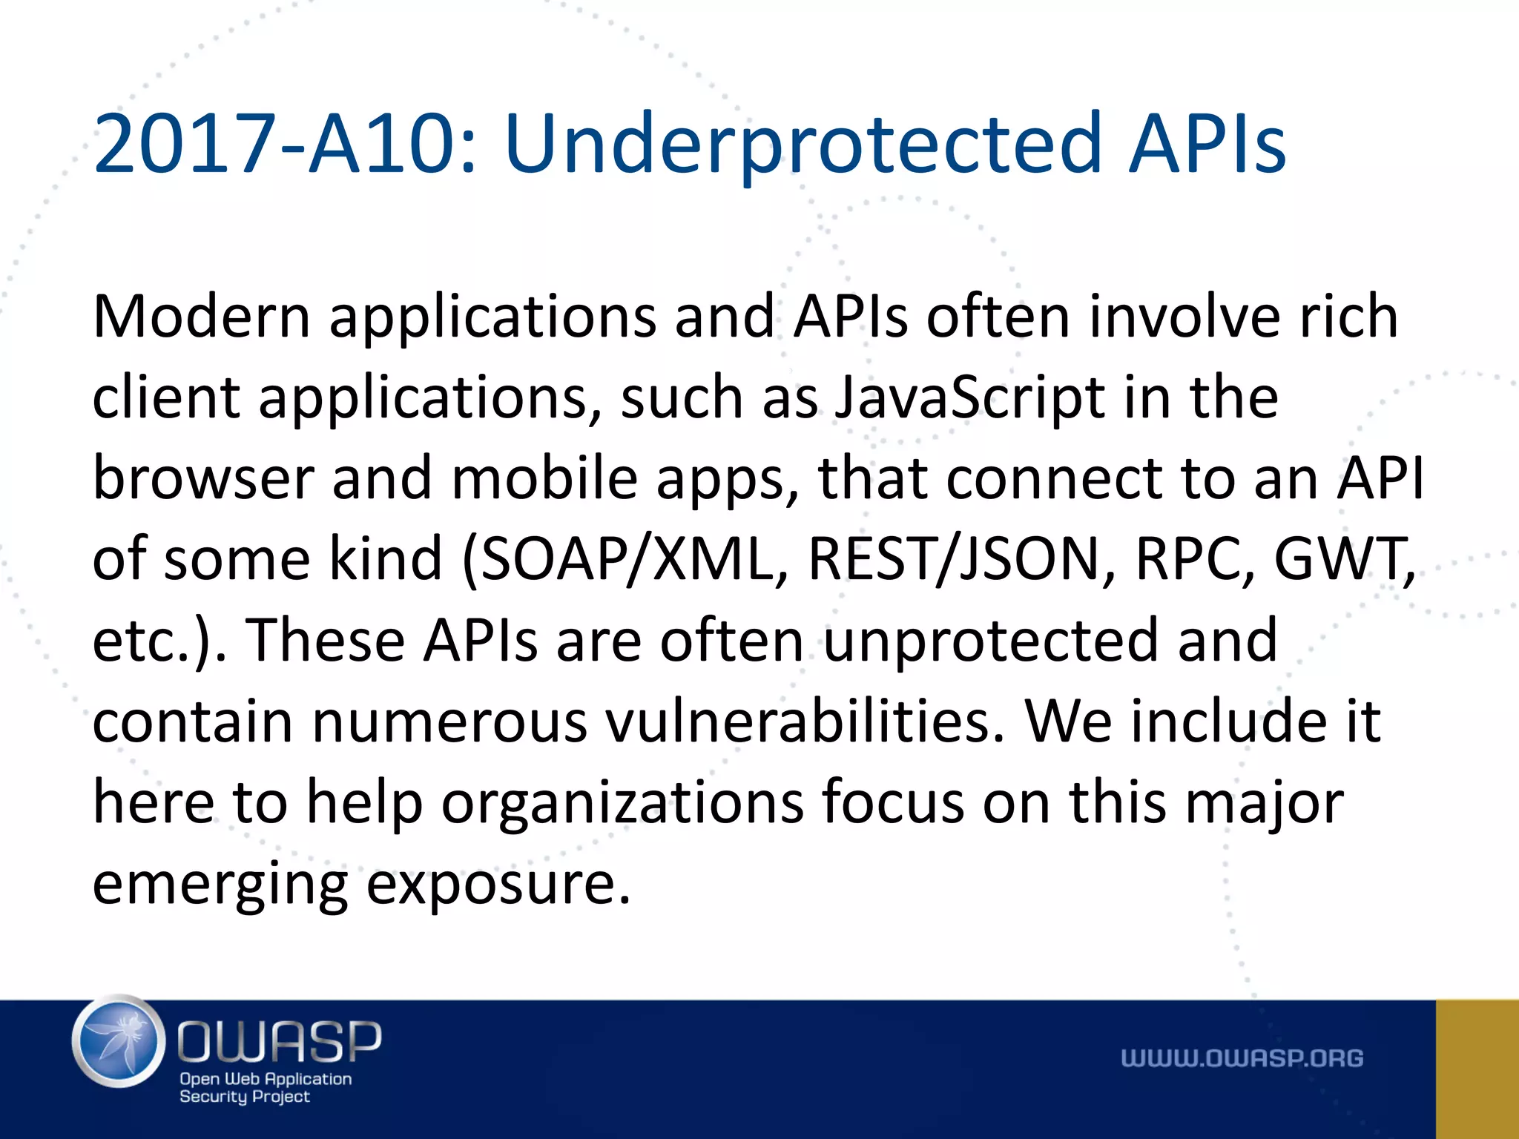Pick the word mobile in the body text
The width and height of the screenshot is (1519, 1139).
click(544, 478)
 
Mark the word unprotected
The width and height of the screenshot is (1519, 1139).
click(991, 641)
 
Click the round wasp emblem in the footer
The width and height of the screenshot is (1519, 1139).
click(119, 1041)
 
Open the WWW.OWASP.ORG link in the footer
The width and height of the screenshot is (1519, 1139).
click(1242, 1058)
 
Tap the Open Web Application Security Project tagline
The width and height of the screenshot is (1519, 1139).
click(265, 1088)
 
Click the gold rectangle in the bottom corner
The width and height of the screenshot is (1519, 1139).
click(1477, 1069)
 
